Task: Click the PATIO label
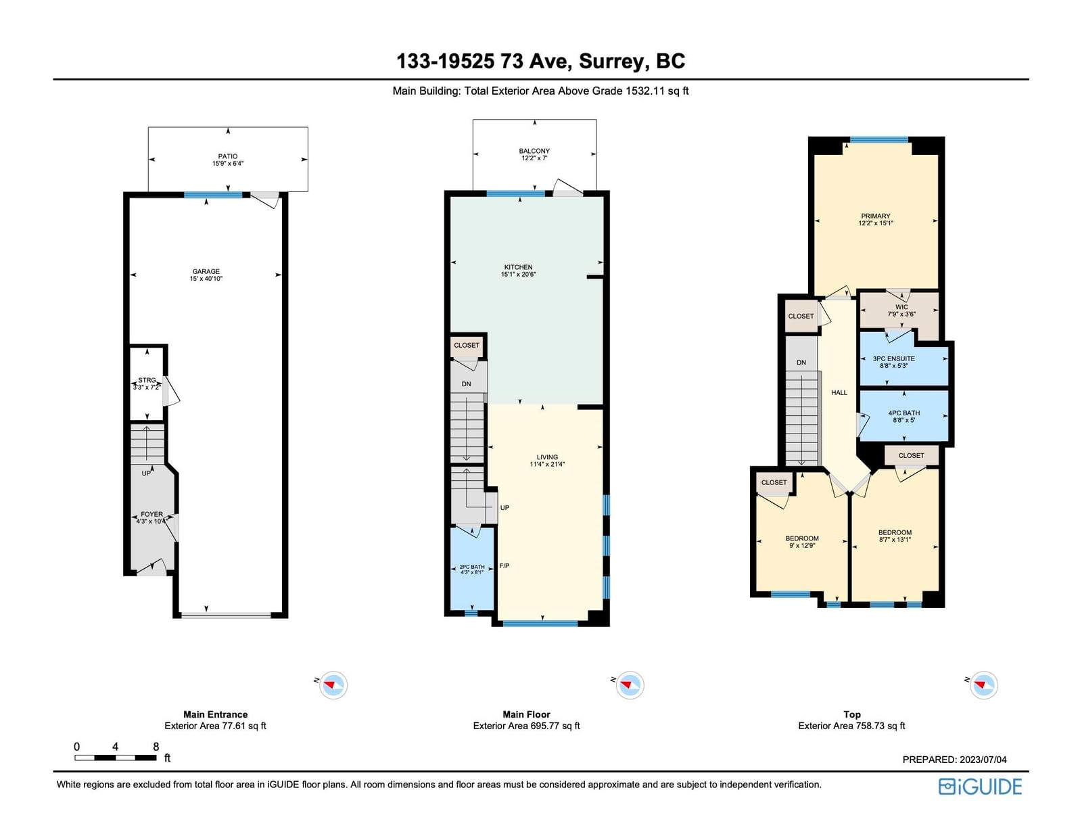227,156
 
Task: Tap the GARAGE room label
206,271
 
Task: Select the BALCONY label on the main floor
534,151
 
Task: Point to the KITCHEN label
518,267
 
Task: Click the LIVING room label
547,457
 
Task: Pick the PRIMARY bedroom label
875,216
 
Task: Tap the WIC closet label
901,307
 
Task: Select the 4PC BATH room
904,416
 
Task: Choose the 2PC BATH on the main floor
471,568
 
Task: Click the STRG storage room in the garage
147,384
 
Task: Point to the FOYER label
151,514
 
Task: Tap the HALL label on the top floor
839,392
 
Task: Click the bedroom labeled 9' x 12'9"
801,542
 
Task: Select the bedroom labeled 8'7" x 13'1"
895,536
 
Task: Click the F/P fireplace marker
504,565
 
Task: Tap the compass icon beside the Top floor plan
983,685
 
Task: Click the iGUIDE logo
980,787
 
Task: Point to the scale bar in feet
116,758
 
